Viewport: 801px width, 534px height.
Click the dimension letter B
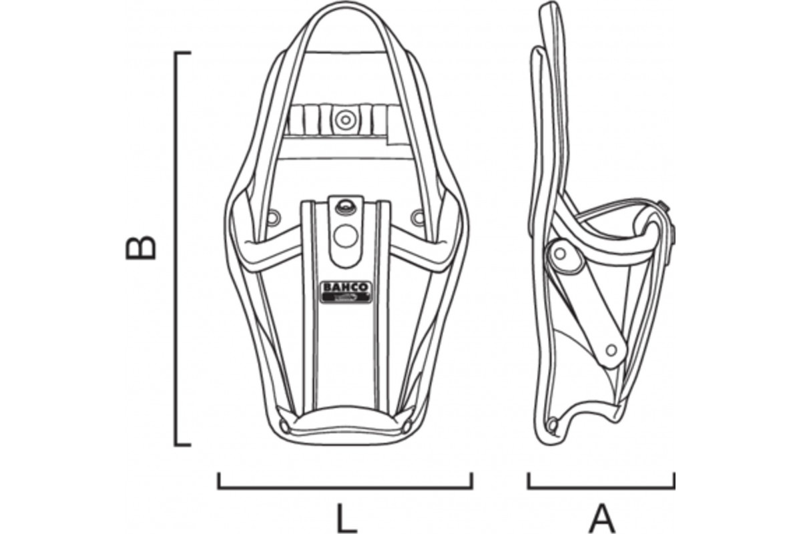(x=141, y=247)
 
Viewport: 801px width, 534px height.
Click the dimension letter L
(x=347, y=517)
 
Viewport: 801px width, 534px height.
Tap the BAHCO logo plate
(x=346, y=292)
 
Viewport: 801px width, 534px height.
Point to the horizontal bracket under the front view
(x=346, y=487)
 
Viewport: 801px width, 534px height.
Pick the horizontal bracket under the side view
(x=601, y=487)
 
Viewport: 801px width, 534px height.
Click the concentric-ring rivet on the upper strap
(x=346, y=119)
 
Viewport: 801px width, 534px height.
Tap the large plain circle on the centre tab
(x=346, y=236)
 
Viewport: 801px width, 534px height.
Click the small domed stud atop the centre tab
(x=346, y=206)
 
